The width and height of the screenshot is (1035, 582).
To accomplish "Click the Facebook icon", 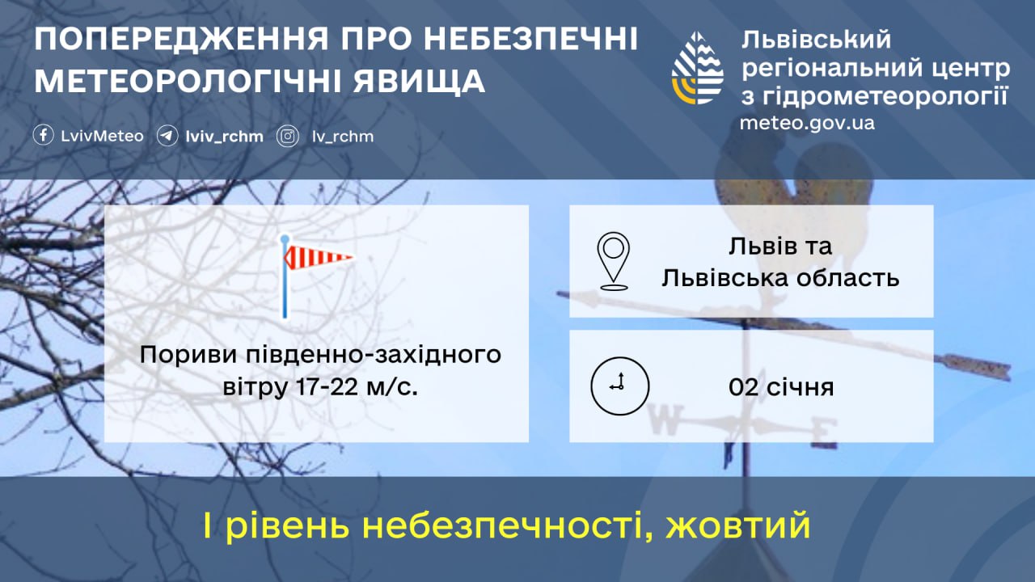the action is click(44, 136).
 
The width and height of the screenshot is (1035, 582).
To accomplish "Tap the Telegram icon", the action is click(167, 136).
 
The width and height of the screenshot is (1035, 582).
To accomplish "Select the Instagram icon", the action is click(287, 137).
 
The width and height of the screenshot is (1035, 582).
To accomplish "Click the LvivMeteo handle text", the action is click(102, 137).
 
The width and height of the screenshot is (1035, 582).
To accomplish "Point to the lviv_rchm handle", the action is click(225, 137).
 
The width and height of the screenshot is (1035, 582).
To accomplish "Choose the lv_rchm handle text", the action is click(343, 137).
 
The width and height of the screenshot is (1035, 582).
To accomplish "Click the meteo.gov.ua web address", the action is click(807, 124).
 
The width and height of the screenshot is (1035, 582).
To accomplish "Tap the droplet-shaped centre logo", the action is click(697, 68).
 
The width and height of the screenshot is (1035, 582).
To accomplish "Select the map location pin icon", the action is click(614, 261).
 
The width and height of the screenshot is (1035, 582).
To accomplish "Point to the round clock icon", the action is click(619, 386).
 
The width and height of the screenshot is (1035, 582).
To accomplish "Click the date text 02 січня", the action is click(781, 387).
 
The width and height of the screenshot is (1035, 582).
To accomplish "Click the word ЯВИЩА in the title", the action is click(419, 82).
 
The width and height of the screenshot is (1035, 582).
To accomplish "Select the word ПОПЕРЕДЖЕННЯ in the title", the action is click(182, 39).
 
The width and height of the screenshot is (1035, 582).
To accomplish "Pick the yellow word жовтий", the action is click(738, 525).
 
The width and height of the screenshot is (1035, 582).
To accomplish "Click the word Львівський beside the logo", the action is click(816, 40).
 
